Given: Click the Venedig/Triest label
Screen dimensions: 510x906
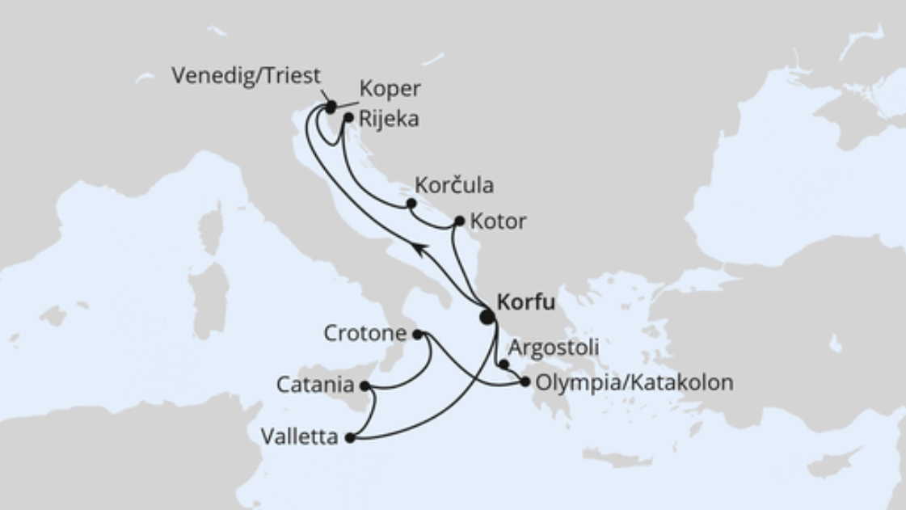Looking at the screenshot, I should pos(247,76).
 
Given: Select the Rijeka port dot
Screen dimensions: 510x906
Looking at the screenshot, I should pos(348,118).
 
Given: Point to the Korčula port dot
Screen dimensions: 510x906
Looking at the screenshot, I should pos(411,203).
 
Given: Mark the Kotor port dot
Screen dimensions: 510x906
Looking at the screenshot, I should pos(460,221).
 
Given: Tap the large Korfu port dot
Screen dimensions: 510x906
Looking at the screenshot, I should pos(487,317).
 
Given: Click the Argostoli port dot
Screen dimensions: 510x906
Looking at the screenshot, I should pos(504,365).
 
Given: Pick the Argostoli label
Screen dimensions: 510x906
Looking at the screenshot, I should pos(554,348).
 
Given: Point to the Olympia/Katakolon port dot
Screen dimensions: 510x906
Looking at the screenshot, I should pos(526,382).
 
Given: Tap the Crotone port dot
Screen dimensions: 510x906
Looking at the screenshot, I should pos(417,333).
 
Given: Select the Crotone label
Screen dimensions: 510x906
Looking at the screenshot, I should pos(366,332).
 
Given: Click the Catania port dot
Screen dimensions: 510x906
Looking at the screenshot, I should pos(365,386).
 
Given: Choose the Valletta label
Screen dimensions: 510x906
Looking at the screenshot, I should pos(298,437).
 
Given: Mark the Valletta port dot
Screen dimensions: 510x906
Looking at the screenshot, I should pos(349,438).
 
